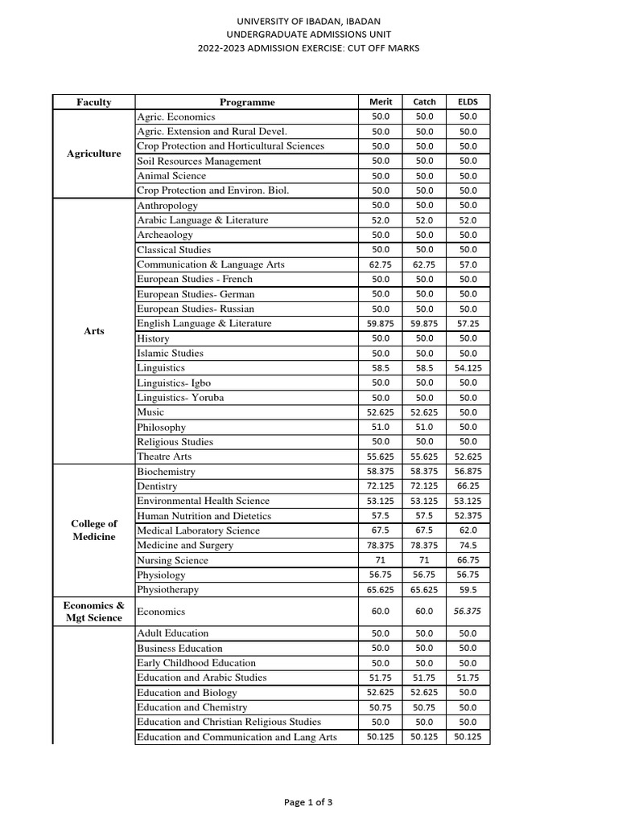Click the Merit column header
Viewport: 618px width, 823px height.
point(380,102)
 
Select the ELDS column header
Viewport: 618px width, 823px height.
point(468,102)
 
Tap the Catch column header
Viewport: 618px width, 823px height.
point(424,102)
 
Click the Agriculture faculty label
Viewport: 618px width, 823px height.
point(94,154)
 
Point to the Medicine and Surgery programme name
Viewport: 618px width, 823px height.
point(185,545)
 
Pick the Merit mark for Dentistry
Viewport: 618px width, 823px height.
point(380,486)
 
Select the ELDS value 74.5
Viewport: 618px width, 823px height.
point(468,545)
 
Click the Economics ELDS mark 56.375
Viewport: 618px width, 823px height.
point(468,611)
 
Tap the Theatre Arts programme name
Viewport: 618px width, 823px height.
point(164,457)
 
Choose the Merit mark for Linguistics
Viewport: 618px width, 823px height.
point(380,368)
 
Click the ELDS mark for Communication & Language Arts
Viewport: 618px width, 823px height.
point(468,264)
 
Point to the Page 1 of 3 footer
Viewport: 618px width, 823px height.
point(308,801)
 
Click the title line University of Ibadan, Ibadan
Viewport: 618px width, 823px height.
point(309,21)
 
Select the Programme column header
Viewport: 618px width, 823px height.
point(247,102)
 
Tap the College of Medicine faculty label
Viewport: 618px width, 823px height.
point(94,530)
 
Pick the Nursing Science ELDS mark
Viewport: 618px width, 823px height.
point(468,560)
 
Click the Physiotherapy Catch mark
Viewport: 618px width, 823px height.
point(424,589)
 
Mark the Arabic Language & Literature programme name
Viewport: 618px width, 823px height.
point(203,220)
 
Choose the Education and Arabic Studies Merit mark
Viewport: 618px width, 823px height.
point(380,678)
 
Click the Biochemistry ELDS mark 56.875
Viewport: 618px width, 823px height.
point(468,472)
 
